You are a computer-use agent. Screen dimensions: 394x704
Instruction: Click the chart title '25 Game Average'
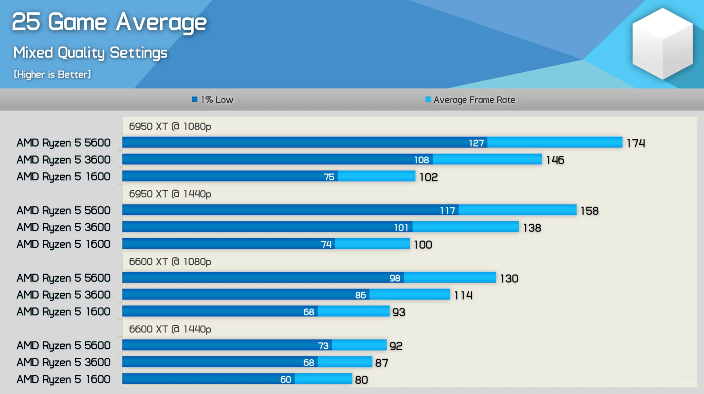pyautogui.click(x=109, y=22)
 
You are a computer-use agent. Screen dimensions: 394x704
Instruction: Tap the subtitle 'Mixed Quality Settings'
pyautogui.click(x=90, y=53)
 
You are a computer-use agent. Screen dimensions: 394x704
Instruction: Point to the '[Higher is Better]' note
pyautogui.click(x=52, y=74)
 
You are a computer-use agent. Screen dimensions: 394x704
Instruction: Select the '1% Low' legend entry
pyautogui.click(x=212, y=100)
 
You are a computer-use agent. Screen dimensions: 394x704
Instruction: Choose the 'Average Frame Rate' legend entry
pyautogui.click(x=470, y=100)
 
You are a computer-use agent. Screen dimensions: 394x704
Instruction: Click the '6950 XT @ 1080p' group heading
pyautogui.click(x=170, y=126)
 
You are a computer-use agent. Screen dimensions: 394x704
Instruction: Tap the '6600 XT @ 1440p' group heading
pyautogui.click(x=170, y=329)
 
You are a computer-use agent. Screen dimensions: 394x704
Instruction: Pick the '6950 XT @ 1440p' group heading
pyautogui.click(x=170, y=194)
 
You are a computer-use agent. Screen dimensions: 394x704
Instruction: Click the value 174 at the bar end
pyautogui.click(x=635, y=143)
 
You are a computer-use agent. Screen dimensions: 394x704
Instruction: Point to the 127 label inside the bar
pyautogui.click(x=476, y=143)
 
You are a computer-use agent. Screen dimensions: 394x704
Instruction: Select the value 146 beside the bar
pyautogui.click(x=555, y=160)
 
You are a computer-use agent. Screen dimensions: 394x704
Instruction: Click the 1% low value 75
pyautogui.click(x=329, y=177)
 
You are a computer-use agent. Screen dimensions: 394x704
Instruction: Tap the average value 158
pyautogui.click(x=589, y=211)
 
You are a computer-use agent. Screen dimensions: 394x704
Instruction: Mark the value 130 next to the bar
pyautogui.click(x=509, y=279)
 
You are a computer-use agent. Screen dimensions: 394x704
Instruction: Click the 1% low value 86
pyautogui.click(x=360, y=295)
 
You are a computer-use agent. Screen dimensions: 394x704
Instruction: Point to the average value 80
pyautogui.click(x=361, y=380)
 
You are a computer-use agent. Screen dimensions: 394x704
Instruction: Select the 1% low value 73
pyautogui.click(x=323, y=346)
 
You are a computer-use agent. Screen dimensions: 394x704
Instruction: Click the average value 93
pyautogui.click(x=399, y=312)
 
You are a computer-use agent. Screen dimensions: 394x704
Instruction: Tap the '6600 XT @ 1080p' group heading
pyautogui.click(x=170, y=262)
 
